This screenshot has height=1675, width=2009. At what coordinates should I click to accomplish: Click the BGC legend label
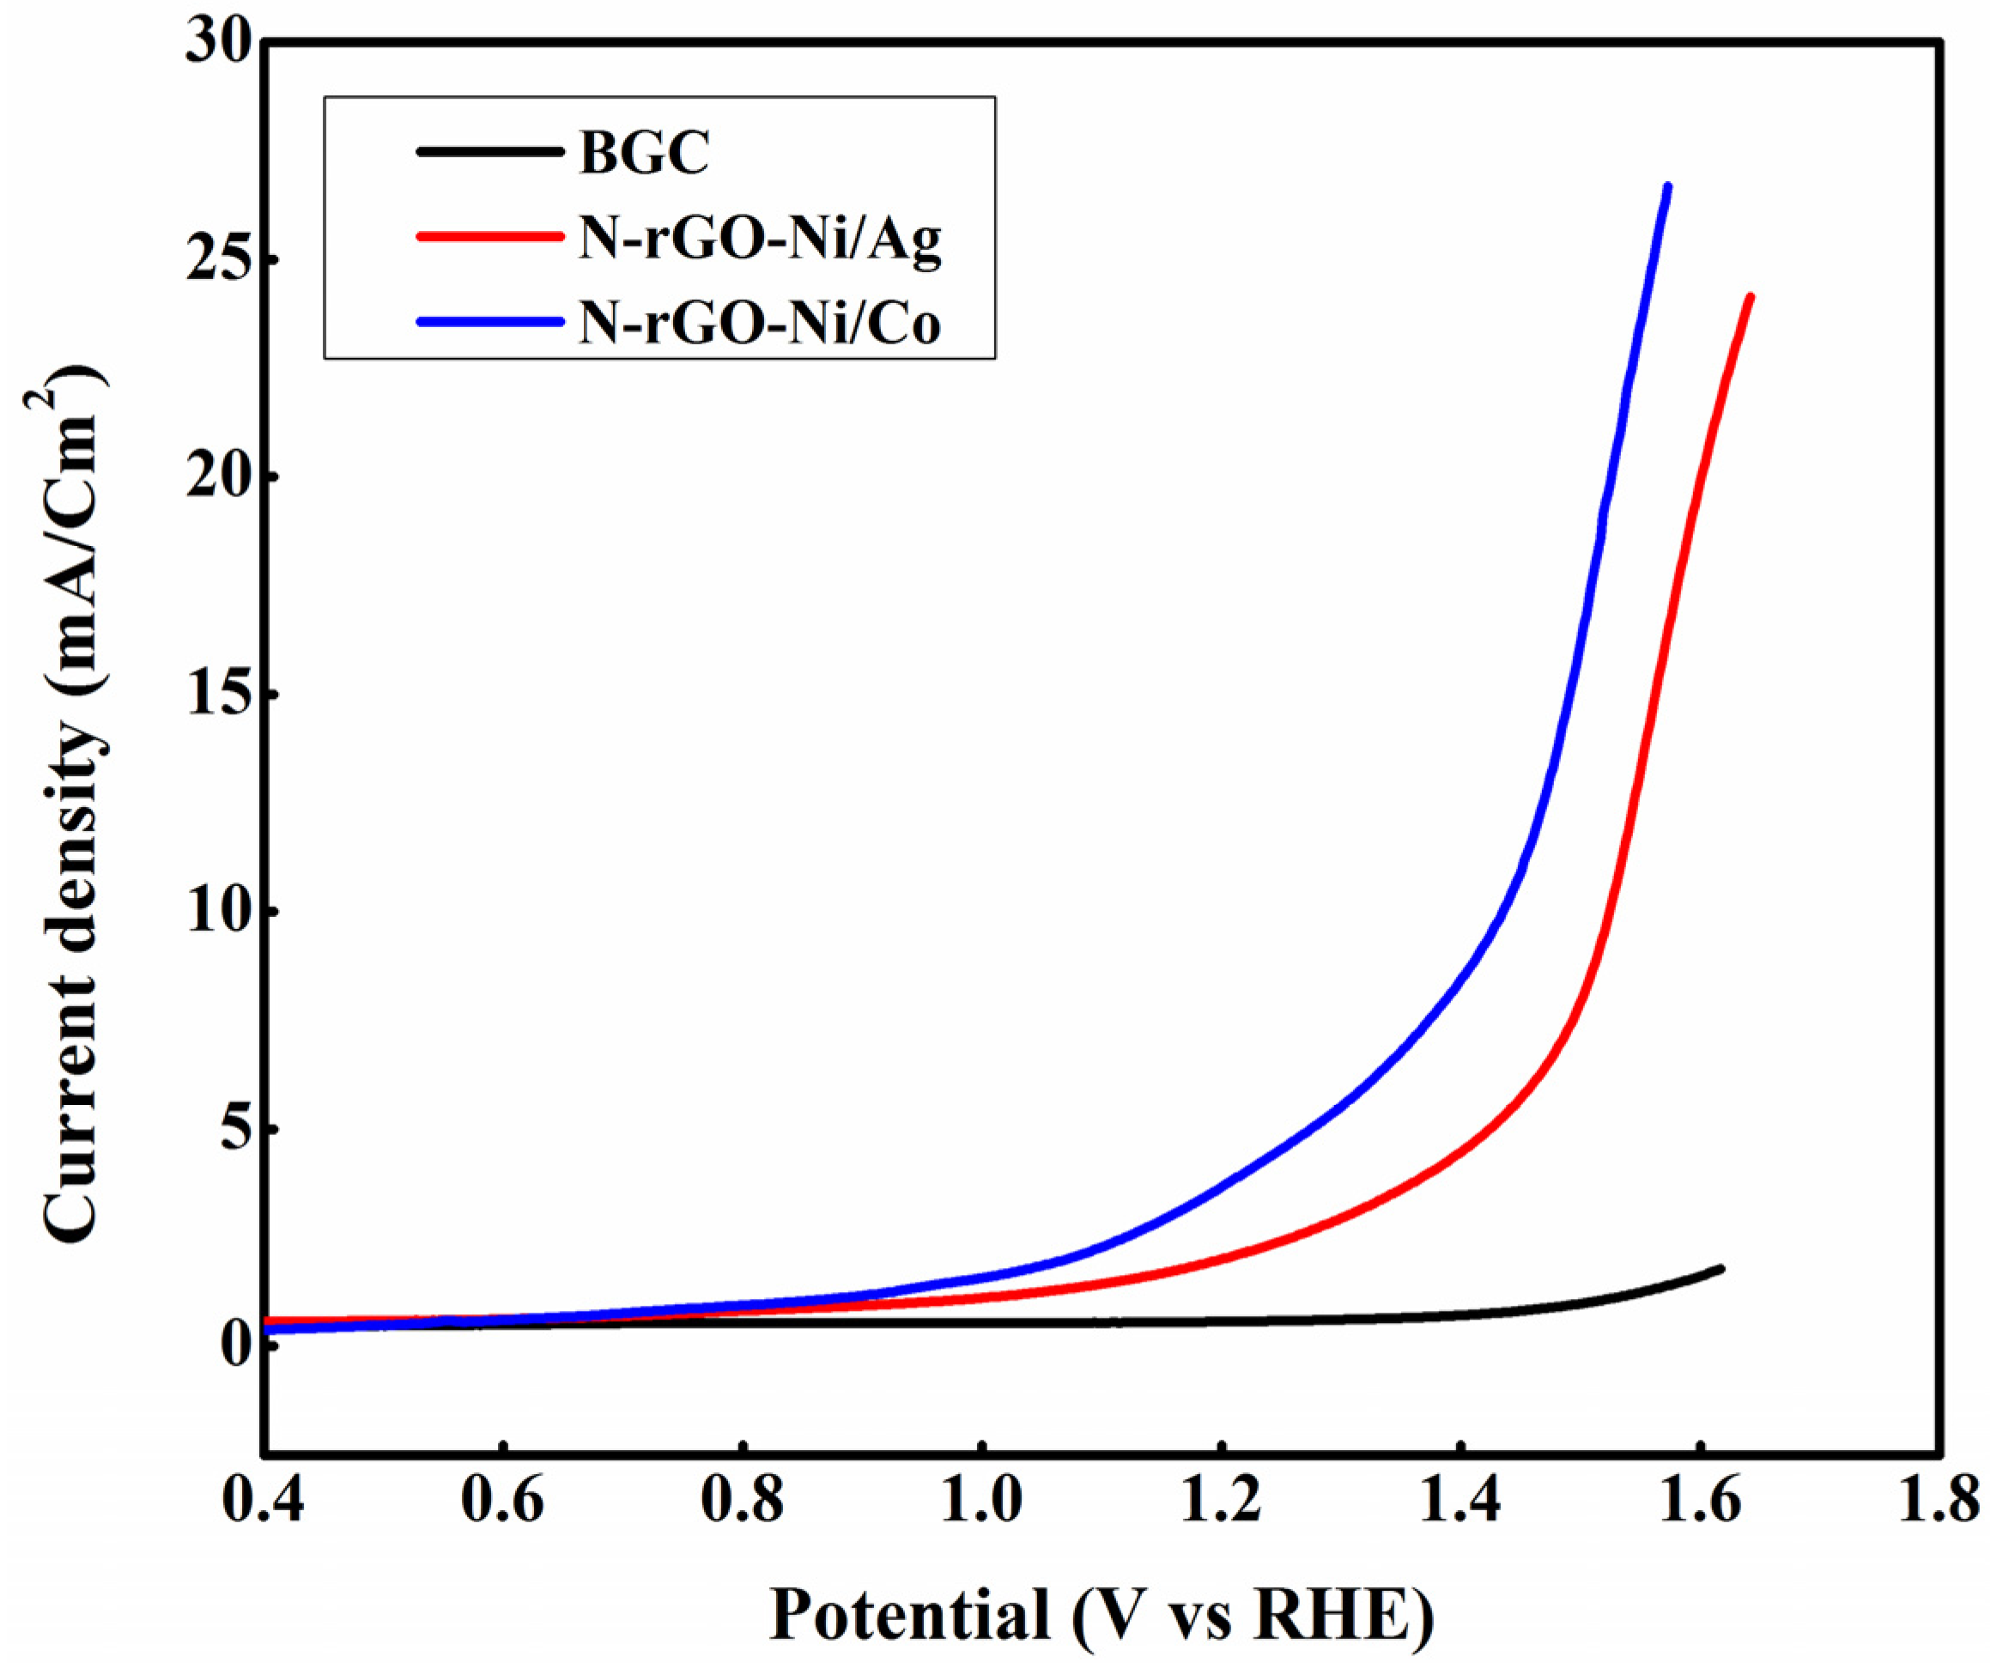coord(644,153)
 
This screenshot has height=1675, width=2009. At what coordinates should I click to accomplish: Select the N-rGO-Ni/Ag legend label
coord(761,240)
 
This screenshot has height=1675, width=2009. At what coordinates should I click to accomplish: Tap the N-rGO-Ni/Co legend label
coord(760,324)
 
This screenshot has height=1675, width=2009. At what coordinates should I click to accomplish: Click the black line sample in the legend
coord(488,151)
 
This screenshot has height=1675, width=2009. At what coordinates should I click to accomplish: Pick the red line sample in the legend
coord(488,236)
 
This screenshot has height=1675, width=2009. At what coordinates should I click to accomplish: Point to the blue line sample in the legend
coord(488,321)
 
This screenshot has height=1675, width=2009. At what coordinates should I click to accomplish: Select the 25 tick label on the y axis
coord(217,260)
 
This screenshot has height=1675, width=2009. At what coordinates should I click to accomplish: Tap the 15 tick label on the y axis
coord(217,695)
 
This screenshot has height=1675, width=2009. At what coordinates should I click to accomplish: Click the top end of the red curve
coord(1750,299)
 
